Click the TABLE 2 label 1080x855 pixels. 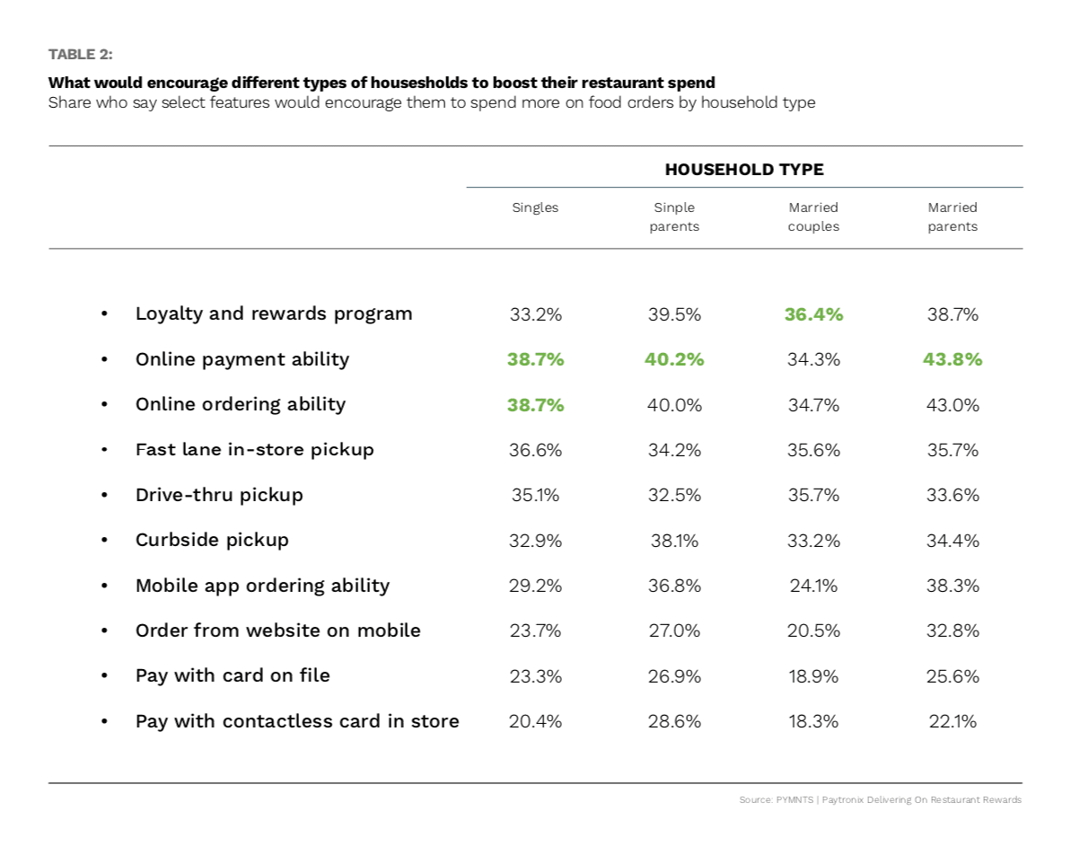80,55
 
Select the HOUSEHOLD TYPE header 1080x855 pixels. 743,169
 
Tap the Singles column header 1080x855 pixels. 535,207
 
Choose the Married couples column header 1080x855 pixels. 813,216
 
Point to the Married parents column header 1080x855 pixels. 953,216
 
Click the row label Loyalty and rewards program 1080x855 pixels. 274,313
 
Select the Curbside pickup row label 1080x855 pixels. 212,540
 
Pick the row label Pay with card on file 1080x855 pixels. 233,675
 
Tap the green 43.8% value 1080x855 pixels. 953,359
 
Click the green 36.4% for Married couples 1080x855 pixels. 813,314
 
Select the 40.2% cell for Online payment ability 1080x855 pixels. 674,359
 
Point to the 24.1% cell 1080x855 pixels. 813,586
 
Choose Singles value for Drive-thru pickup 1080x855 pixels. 535,495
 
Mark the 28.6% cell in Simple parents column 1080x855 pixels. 674,721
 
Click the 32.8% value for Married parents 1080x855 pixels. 953,630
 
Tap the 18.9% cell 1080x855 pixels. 813,676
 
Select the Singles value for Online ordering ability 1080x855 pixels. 535,405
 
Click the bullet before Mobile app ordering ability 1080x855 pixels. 104,586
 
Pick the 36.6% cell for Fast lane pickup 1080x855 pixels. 535,450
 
